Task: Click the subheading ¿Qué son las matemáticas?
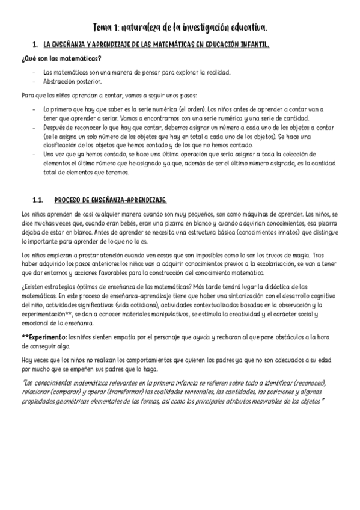[61, 58]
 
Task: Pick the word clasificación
[63, 145]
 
